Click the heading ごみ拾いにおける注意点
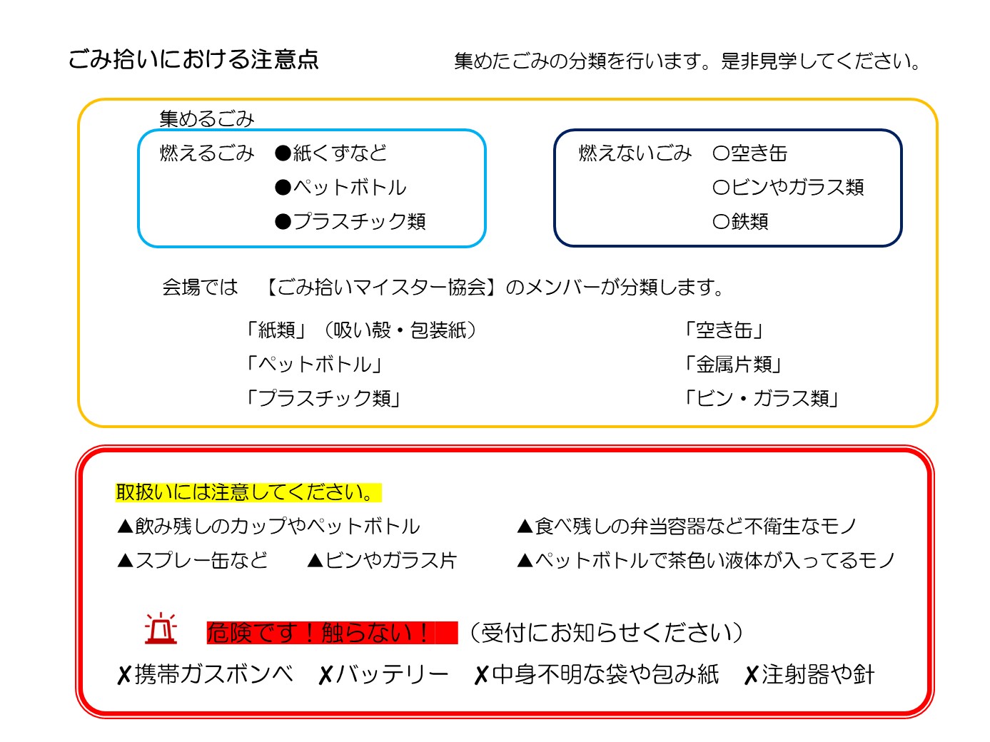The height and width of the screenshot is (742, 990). pyautogui.click(x=193, y=59)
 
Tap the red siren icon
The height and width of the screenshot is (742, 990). pyautogui.click(x=161, y=628)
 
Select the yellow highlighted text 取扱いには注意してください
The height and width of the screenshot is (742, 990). pyautogui.click(x=248, y=492)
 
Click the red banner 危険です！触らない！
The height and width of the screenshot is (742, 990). pyautogui.click(x=331, y=632)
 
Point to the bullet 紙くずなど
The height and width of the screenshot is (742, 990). pyautogui.click(x=330, y=153)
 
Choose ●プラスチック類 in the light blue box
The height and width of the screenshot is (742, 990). pyautogui.click(x=350, y=221)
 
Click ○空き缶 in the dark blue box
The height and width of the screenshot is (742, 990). pyautogui.click(x=749, y=153)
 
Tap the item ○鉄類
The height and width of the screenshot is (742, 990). pyautogui.click(x=739, y=221)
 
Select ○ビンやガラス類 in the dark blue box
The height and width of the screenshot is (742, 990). pyautogui.click(x=787, y=187)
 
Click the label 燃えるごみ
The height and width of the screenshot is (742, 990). pyautogui.click(x=207, y=153)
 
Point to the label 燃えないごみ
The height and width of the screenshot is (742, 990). pyautogui.click(x=635, y=153)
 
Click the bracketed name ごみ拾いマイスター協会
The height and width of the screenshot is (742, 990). pyautogui.click(x=381, y=287)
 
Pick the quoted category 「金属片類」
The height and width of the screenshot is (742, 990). pyautogui.click(x=733, y=365)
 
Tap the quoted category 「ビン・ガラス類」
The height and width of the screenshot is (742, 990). pyautogui.click(x=762, y=399)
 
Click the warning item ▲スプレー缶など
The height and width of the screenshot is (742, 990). pyautogui.click(x=192, y=560)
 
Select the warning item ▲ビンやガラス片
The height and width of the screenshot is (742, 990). pyautogui.click(x=382, y=560)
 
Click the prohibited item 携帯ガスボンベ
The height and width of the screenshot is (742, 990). pyautogui.click(x=214, y=674)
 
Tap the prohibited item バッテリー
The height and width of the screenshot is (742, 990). pyautogui.click(x=392, y=674)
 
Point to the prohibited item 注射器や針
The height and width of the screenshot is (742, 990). pyautogui.click(x=818, y=674)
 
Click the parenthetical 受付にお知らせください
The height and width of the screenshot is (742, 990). pyautogui.click(x=606, y=632)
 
